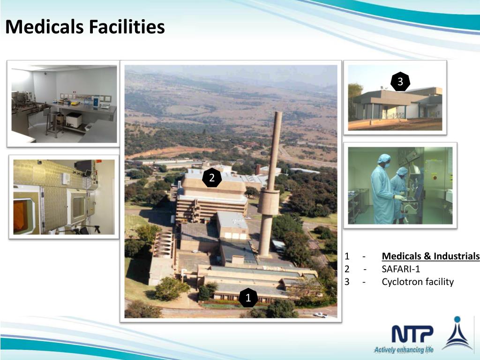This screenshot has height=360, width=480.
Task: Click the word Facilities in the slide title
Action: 127,27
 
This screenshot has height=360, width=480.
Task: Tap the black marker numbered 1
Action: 248,298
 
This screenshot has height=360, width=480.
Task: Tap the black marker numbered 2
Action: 212,178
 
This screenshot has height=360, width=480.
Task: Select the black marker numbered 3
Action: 400,82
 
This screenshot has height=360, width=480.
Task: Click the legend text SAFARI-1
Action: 401,269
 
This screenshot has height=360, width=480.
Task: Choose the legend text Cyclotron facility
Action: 418,282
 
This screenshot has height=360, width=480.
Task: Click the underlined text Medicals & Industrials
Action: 430,256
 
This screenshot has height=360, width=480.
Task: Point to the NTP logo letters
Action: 412,334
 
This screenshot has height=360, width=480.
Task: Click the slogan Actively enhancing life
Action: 404,349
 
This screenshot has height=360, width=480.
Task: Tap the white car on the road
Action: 321,315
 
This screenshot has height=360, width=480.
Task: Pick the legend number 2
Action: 347,269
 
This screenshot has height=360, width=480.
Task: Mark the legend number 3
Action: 347,282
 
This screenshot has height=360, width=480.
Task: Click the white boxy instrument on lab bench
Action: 74,120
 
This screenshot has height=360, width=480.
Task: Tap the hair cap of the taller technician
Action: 384,158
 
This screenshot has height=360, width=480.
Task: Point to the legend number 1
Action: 347,256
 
